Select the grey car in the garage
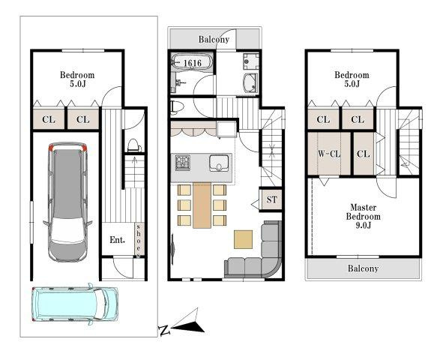pos(67,201)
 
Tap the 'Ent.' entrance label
pos(118,240)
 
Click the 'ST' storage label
pos(271,199)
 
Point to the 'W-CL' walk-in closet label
pos(329,154)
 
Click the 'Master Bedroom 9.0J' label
pos(363,217)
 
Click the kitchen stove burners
pos(183,163)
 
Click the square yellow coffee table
pos(244,238)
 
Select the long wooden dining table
pos(201,205)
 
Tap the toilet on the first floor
pos(132,145)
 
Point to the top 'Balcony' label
pos(214,39)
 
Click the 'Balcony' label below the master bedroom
pos(362,268)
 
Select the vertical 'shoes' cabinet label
pos(139,240)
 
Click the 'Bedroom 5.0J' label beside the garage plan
pos(77,79)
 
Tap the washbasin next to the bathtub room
pos(250,82)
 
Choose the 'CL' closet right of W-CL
pos(363,154)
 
